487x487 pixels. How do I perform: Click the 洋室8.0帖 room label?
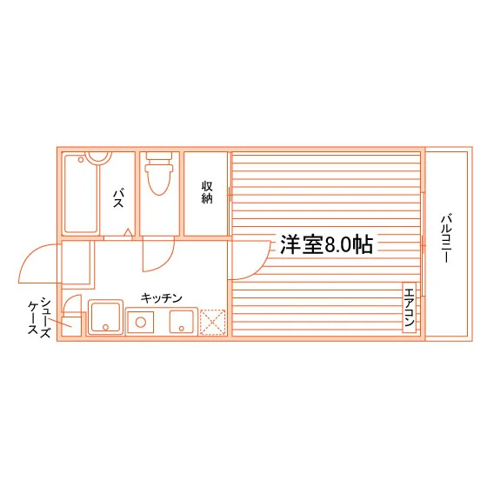coord(326,244)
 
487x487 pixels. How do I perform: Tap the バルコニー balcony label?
coord(446,238)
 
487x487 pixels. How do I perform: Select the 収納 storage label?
coord(207,192)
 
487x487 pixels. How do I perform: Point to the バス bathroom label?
coord(118,198)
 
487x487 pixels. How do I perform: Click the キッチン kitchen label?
coord(161,298)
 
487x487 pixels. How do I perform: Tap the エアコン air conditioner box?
coord(410,307)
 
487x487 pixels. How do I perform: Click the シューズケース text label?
coord(39,317)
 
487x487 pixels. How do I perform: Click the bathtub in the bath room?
coord(81,194)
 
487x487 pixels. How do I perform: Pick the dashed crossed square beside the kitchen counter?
coord(212,322)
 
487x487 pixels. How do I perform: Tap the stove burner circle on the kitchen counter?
coord(140,322)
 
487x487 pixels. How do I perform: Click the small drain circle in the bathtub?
coord(81,160)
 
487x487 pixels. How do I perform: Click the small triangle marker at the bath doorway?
coord(129,233)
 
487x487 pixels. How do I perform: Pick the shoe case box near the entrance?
coord(71,326)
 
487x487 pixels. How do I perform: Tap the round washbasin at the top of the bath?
coord(98,157)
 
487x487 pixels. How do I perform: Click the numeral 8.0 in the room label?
coord(338,245)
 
